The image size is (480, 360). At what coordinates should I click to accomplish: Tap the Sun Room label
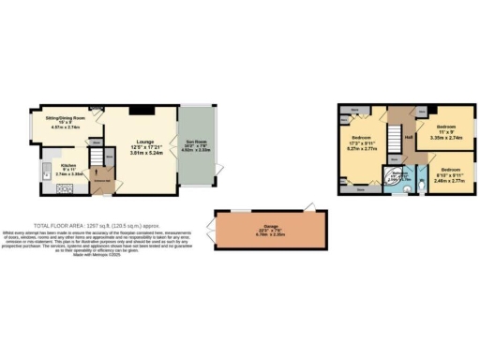[196, 146]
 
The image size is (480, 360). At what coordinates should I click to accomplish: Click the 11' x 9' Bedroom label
[445, 127]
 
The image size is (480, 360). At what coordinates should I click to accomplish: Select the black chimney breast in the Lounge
[140, 111]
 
